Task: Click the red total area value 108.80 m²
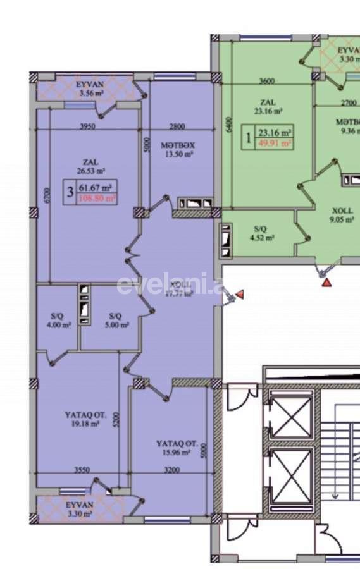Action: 97,199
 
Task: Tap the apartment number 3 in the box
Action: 68,192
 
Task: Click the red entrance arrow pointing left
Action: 240,295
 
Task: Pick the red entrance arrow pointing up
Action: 326,283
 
